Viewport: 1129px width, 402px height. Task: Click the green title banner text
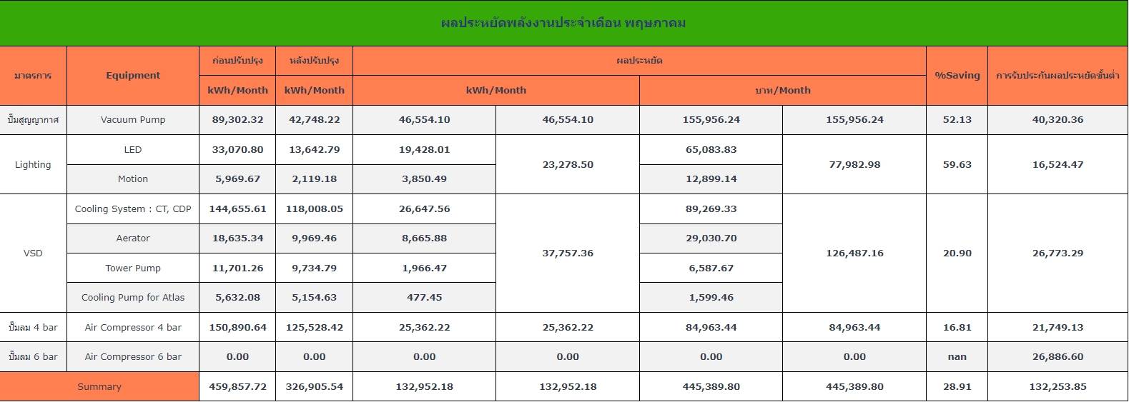coord(563,23)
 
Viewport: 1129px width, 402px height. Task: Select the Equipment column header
coord(133,76)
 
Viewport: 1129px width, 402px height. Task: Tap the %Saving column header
coord(957,76)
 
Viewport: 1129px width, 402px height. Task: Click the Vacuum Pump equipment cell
coord(133,120)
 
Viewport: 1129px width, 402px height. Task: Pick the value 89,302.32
coord(237,120)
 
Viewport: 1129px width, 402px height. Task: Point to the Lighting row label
coord(33,164)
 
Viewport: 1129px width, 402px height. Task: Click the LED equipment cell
coord(133,149)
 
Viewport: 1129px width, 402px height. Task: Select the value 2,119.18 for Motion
coord(315,179)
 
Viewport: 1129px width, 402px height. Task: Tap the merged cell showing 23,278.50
coord(568,164)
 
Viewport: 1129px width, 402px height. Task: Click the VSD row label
coord(33,253)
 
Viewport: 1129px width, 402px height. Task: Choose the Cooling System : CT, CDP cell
coord(133,208)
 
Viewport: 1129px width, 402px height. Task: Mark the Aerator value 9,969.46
coord(315,238)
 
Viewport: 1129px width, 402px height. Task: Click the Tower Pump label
coord(133,268)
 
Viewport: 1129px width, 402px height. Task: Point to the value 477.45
coord(425,297)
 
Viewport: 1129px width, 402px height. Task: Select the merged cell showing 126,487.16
coord(854,253)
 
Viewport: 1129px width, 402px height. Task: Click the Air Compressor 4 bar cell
coord(133,328)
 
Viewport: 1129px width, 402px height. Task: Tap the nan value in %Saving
coord(957,357)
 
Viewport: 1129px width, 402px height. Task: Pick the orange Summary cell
coord(99,386)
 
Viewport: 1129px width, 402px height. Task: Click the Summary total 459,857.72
coord(237,387)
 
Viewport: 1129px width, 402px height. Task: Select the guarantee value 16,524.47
coord(1057,164)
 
